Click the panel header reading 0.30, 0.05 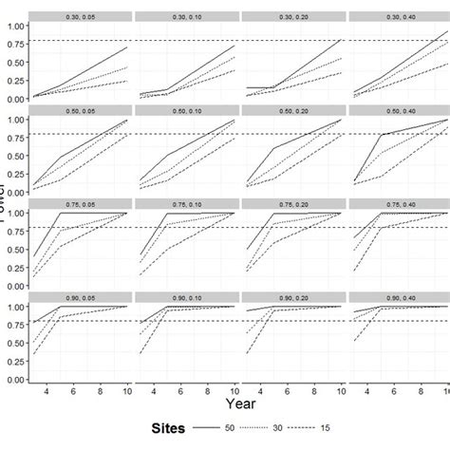(x=80, y=16)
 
